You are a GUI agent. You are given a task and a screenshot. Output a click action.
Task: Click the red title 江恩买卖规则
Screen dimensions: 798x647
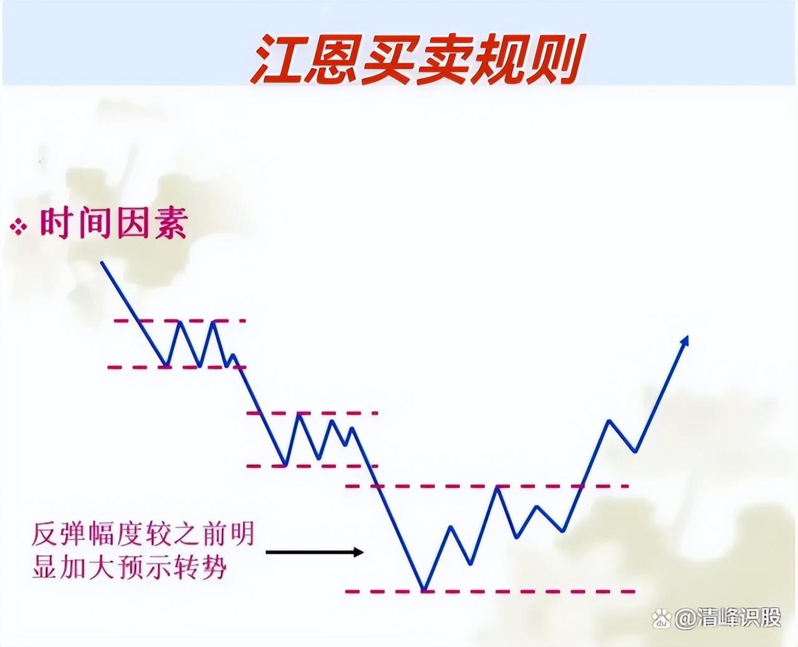point(417,59)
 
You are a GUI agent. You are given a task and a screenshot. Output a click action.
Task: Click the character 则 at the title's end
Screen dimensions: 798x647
point(555,59)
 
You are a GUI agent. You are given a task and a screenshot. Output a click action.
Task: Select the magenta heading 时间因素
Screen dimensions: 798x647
point(113,224)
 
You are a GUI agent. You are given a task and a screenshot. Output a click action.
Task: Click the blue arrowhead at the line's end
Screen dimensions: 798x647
point(685,341)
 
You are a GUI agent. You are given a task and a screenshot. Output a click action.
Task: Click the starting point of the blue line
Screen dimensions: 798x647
point(102,262)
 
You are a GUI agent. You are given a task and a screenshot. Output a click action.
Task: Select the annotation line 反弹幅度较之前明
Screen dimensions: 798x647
point(143,534)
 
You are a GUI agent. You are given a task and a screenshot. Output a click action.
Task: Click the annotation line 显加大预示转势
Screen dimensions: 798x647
point(129,567)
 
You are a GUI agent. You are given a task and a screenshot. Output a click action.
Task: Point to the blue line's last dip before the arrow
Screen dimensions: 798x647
point(635,452)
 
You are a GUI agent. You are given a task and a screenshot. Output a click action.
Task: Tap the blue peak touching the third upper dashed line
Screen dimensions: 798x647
point(498,486)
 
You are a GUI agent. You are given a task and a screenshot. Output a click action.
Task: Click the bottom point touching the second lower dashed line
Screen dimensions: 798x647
point(286,465)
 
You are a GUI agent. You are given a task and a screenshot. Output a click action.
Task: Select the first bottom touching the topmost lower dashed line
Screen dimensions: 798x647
point(166,365)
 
